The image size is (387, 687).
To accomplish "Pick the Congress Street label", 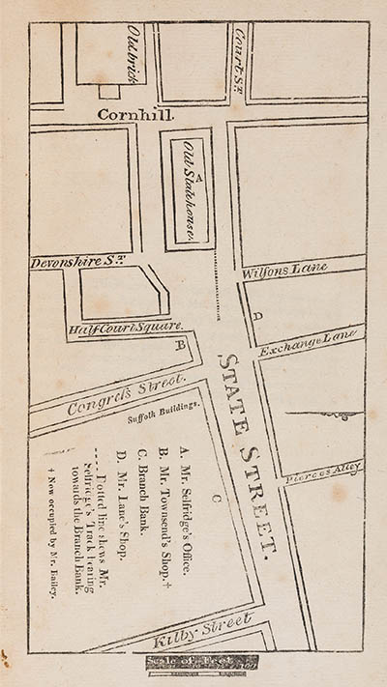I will (112, 393).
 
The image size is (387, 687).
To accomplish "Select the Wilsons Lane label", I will (286, 268).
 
